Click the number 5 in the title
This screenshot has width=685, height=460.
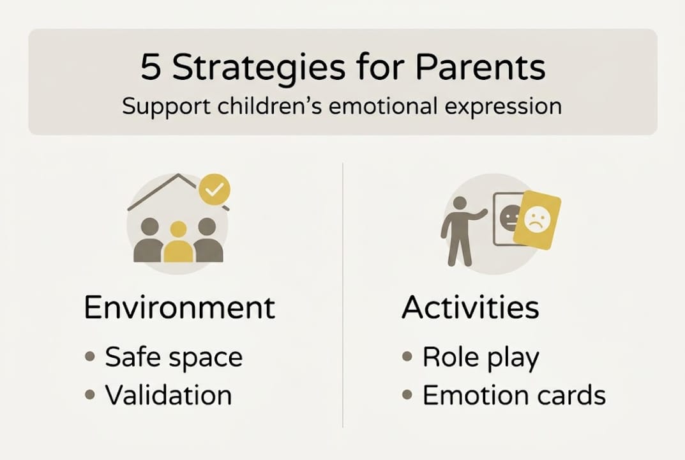[x=151, y=68]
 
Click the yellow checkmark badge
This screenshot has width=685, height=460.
[x=215, y=190]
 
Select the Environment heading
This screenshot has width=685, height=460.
[x=179, y=307]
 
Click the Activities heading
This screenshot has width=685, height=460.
[x=470, y=307]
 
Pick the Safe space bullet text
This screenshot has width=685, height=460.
[x=174, y=357]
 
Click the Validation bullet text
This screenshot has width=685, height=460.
[x=169, y=395]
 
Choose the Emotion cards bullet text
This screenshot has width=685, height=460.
[x=514, y=395]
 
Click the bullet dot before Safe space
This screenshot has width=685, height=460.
[x=90, y=357]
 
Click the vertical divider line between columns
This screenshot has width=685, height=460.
[x=343, y=294]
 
